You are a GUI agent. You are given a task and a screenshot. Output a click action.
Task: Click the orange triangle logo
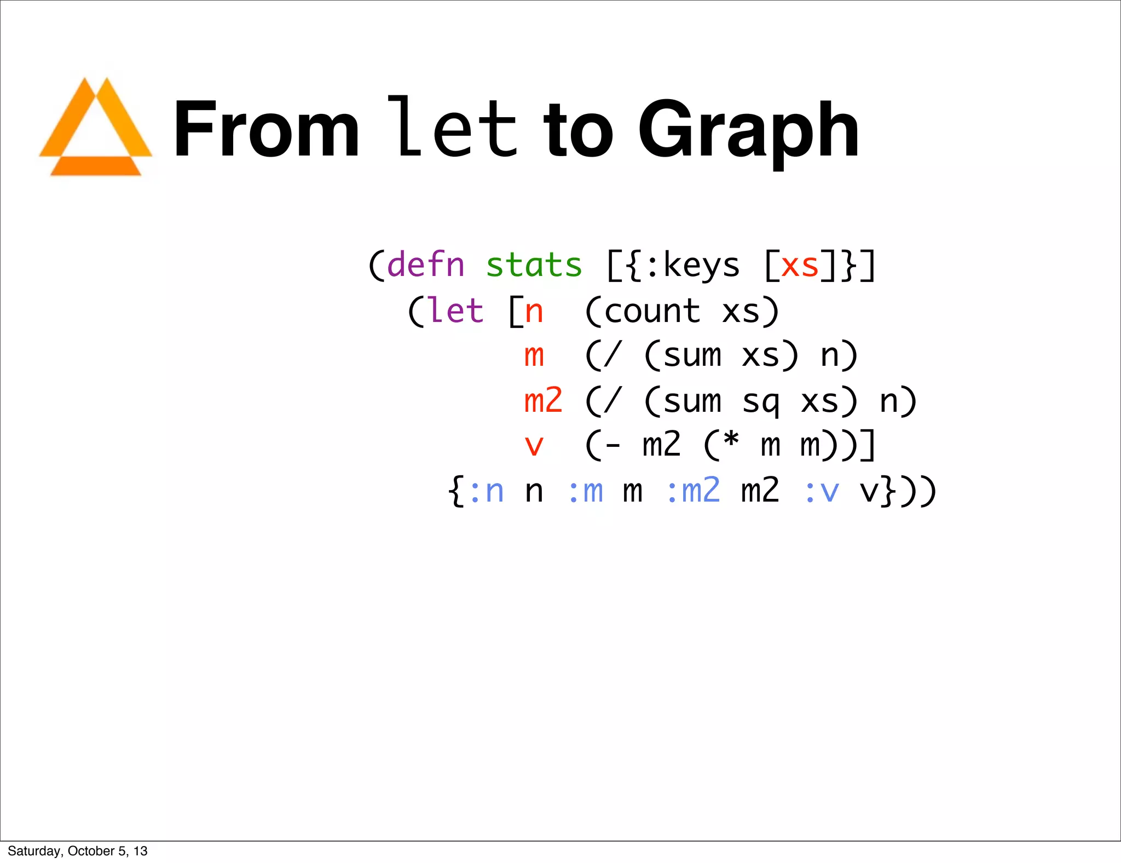tap(96, 129)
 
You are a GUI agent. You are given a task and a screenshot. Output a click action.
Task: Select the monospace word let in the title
tap(452, 127)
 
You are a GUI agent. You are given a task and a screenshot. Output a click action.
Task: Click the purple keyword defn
tap(426, 265)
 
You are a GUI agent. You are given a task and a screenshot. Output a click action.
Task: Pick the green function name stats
tap(534, 265)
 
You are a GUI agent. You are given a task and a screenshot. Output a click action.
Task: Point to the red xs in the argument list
tap(800, 266)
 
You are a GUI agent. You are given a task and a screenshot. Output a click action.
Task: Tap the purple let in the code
tap(456, 311)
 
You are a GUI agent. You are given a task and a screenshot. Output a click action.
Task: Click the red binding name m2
tap(543, 400)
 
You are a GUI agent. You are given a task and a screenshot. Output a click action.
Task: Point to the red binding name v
tap(534, 446)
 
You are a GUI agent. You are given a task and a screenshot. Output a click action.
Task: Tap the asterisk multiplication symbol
tap(731, 440)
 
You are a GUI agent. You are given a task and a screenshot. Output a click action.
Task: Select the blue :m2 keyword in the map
tap(693, 491)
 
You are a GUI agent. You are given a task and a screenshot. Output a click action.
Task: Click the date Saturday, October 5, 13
tap(77, 851)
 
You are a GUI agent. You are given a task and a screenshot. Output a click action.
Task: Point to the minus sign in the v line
tap(613, 445)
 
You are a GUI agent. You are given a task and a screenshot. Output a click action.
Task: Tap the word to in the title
tap(579, 131)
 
